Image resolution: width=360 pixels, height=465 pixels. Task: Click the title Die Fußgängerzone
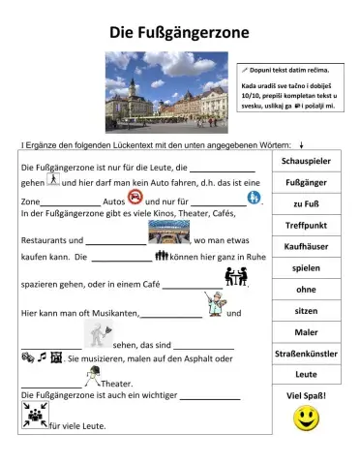click(179, 33)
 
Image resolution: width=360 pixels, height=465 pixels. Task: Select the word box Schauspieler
click(306, 160)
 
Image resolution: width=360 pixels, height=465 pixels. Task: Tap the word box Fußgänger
click(306, 181)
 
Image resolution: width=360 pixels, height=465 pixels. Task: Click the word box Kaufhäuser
click(306, 246)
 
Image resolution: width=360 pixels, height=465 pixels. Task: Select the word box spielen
click(306, 267)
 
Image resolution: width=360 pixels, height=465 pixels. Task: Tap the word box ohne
click(306, 289)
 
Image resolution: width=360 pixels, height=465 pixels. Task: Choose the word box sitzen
click(306, 310)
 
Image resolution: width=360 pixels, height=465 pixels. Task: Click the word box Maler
click(306, 331)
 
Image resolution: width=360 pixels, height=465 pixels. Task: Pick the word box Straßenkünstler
click(306, 354)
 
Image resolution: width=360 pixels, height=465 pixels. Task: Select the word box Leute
click(306, 374)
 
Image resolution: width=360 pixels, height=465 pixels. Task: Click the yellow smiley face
click(307, 418)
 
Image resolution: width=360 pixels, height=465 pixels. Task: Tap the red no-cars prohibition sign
click(135, 198)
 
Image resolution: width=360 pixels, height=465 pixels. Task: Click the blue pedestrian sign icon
click(254, 198)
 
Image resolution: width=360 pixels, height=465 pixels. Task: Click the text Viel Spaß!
click(307, 395)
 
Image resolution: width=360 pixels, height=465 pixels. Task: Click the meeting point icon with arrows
click(32, 418)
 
